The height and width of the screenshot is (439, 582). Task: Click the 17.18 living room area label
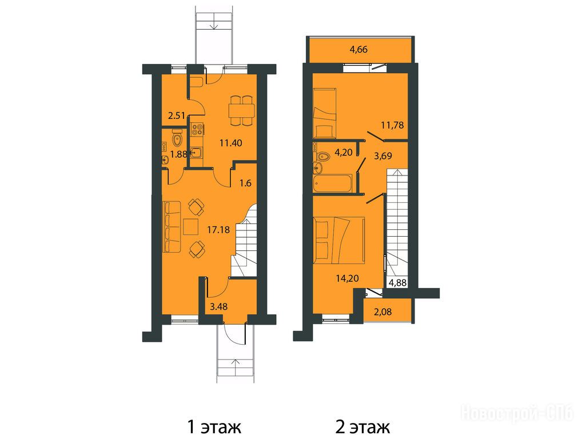pos(218,230)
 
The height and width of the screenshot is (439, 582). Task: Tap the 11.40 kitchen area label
pos(230,143)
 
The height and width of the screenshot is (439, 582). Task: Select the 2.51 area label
pos(177,115)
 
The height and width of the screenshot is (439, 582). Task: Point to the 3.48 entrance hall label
pos(218,307)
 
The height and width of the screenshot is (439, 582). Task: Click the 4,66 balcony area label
pos(359,49)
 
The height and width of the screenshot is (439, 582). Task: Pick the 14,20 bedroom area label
pos(348,278)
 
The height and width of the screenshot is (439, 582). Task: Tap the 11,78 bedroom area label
pos(392,125)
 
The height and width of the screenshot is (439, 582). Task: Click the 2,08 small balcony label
pos(382,312)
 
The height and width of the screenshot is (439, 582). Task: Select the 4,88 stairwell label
pos(397,283)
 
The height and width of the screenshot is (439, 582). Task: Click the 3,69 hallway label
pos(383,156)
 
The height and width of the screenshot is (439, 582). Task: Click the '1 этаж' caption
pos(214,427)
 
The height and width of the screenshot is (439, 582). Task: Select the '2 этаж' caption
pos(362,427)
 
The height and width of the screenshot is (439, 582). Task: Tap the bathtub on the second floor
pos(332,183)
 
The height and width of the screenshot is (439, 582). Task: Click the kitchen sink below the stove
pos(197,153)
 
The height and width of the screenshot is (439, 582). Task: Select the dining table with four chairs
pos(242,110)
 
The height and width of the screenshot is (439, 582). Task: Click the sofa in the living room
pos(172,227)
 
